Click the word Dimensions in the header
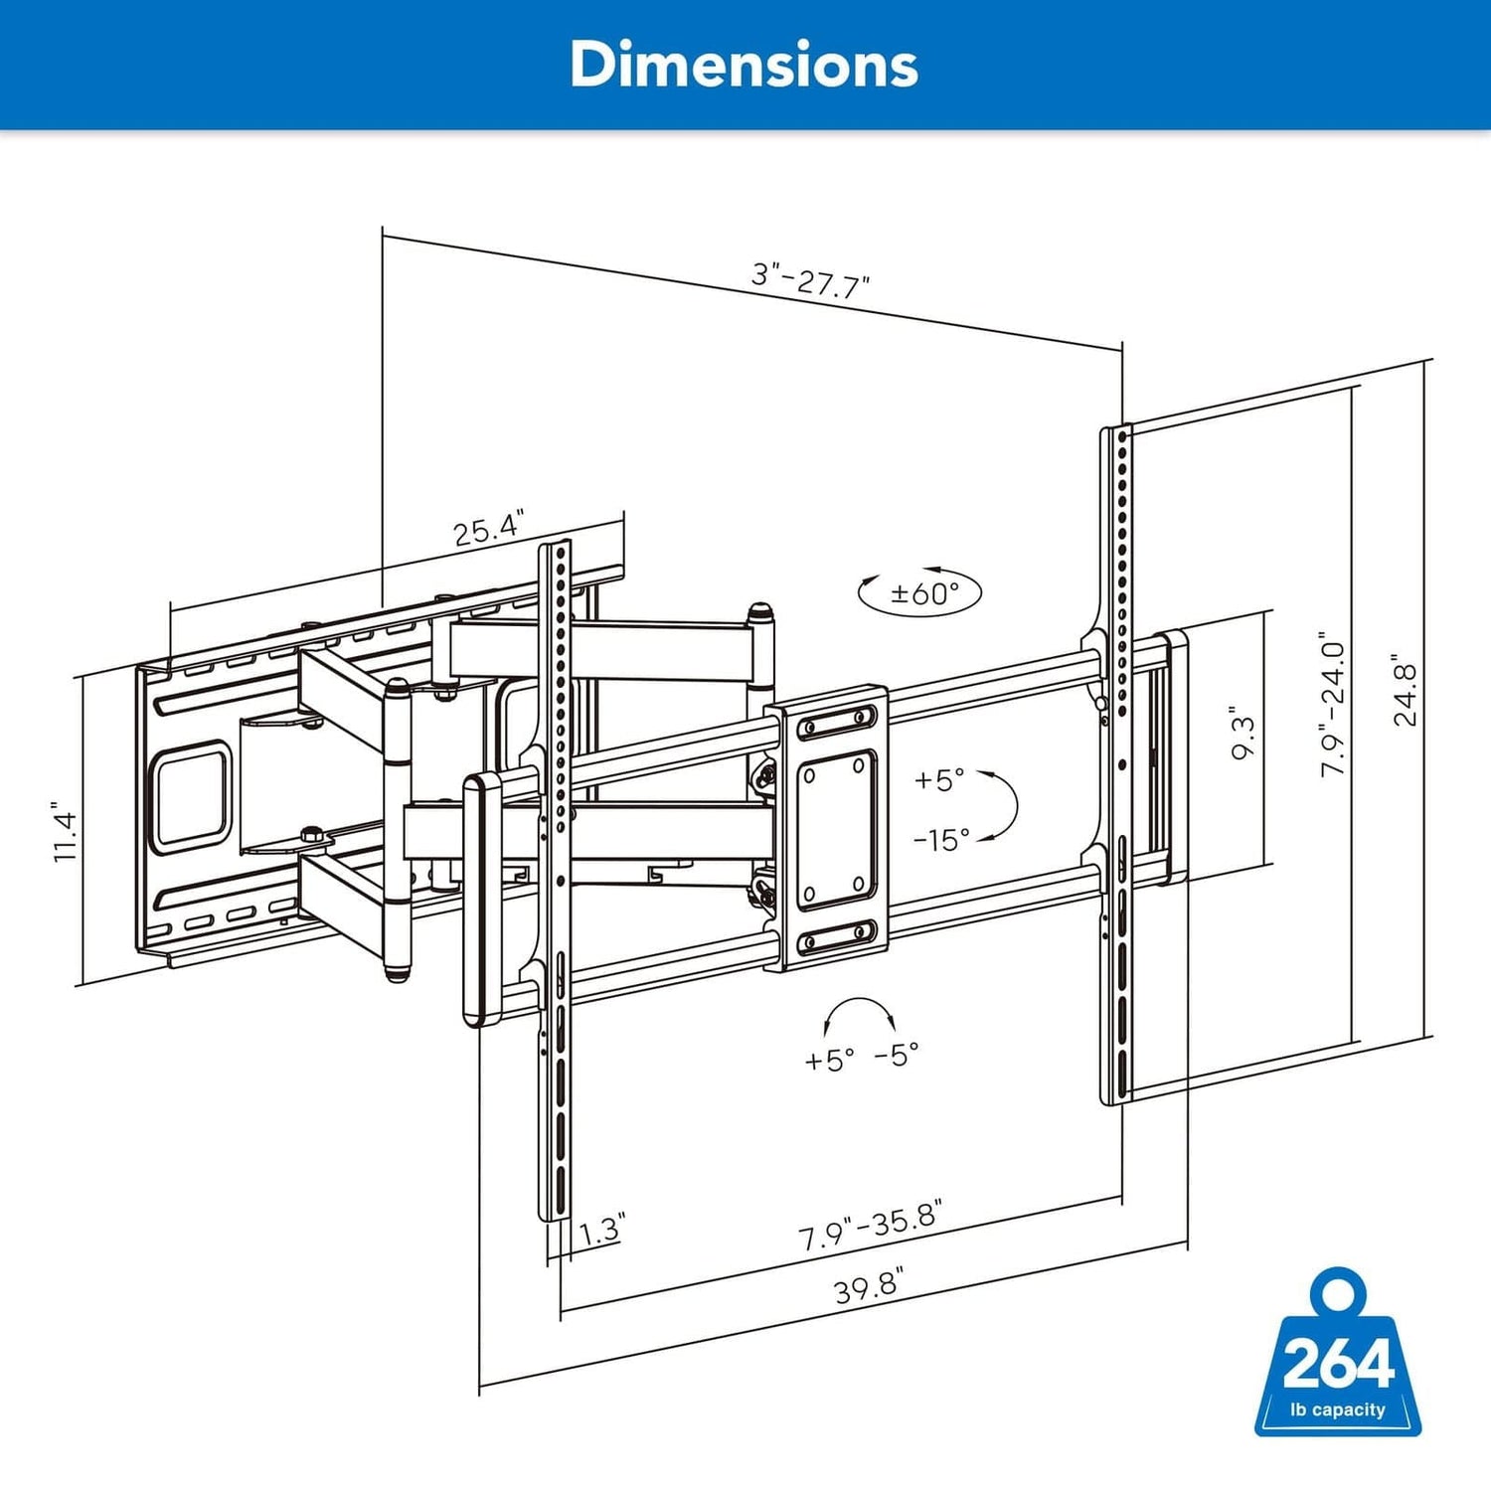pos(744,65)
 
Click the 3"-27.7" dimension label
pos(810,279)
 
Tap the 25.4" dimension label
pos(488,529)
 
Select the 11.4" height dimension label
pos(65,832)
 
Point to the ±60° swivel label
pos(921,593)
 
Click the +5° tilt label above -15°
pos(938,780)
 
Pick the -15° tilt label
pos(940,840)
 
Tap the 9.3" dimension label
pos(1242,734)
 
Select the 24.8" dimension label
pos(1405,690)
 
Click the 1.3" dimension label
pos(600,1230)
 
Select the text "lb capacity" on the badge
pos(1337,1409)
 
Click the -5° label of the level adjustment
pos(897,1055)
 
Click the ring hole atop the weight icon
pos(1338,1293)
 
